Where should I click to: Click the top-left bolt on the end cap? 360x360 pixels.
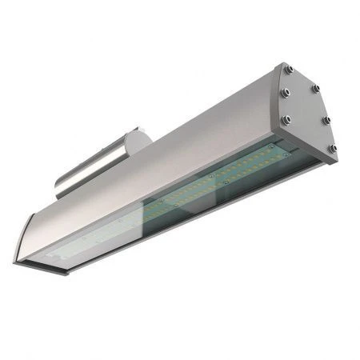pyautogui.click(x=290, y=70)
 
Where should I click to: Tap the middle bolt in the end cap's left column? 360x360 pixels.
pyautogui.click(x=286, y=95)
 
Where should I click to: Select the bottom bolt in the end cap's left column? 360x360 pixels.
pyautogui.click(x=285, y=119)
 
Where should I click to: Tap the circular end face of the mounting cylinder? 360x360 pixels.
pyautogui.click(x=140, y=142)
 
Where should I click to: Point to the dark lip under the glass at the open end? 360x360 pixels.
pyautogui.click(x=40, y=266)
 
